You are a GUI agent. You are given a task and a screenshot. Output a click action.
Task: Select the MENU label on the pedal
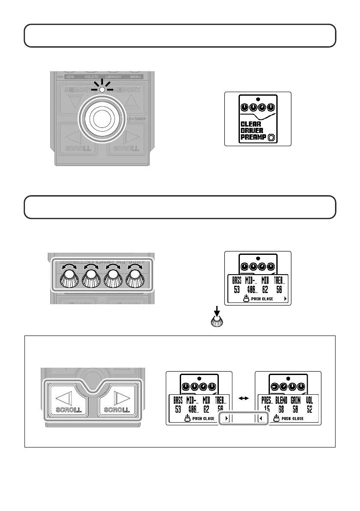pyautogui.click(x=135, y=76)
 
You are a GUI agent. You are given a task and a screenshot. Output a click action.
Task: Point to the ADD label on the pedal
pyautogui.click(x=70, y=76)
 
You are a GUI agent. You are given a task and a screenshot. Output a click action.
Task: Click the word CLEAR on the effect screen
pyautogui.click(x=251, y=124)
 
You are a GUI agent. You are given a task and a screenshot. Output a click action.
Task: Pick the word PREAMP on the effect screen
pyautogui.click(x=253, y=138)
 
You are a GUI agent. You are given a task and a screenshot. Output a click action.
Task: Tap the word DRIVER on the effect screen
pyautogui.click(x=252, y=131)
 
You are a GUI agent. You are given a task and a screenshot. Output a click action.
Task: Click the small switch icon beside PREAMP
pyautogui.click(x=271, y=138)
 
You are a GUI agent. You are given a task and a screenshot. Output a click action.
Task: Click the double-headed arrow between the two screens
pyautogui.click(x=244, y=399)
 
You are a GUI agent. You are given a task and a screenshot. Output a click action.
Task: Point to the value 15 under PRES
pyautogui.click(x=266, y=408)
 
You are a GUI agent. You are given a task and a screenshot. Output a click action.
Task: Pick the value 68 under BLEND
pyautogui.click(x=281, y=408)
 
